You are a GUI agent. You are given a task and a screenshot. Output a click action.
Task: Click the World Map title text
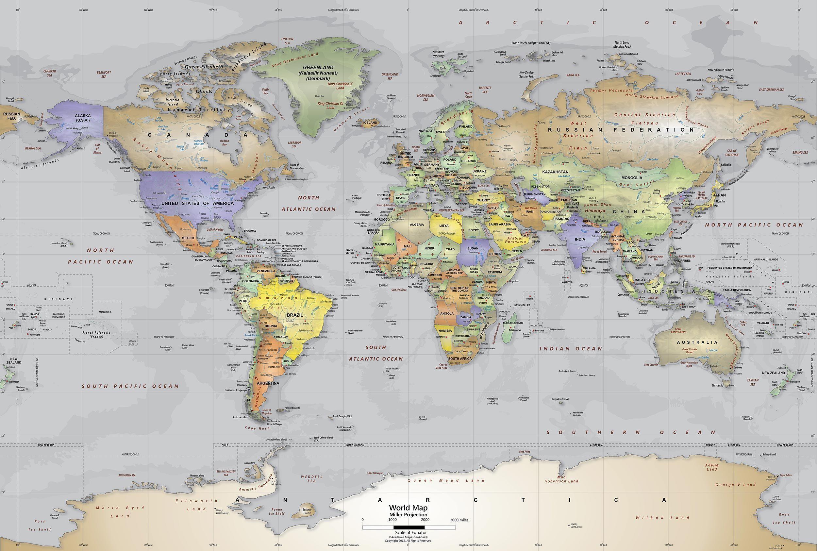coord(408,508)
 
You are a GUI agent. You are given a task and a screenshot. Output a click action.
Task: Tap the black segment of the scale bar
coord(409,527)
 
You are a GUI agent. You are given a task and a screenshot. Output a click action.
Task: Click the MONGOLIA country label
coord(632,178)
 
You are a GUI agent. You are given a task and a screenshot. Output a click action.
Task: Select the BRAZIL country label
coord(295,315)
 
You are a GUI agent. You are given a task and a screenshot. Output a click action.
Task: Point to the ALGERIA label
coord(417,225)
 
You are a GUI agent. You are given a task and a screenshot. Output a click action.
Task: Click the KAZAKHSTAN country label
coord(555,172)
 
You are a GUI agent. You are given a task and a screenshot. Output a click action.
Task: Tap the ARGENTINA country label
coord(268,383)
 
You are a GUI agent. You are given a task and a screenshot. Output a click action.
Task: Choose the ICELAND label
coord(370,123)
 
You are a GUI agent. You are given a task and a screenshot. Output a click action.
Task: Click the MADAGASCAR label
coord(513,323)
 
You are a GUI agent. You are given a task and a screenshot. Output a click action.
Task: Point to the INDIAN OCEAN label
coord(571,349)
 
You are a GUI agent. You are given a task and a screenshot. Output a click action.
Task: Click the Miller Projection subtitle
coord(408,514)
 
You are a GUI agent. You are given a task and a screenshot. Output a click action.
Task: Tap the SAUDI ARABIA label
coord(499,224)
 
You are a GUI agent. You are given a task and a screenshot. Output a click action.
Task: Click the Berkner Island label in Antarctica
coord(307,511)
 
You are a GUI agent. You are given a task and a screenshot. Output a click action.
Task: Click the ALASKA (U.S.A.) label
coord(83,118)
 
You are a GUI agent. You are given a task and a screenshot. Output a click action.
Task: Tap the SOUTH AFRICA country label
coord(459,359)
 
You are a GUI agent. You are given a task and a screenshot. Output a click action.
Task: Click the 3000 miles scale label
coord(459,520)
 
